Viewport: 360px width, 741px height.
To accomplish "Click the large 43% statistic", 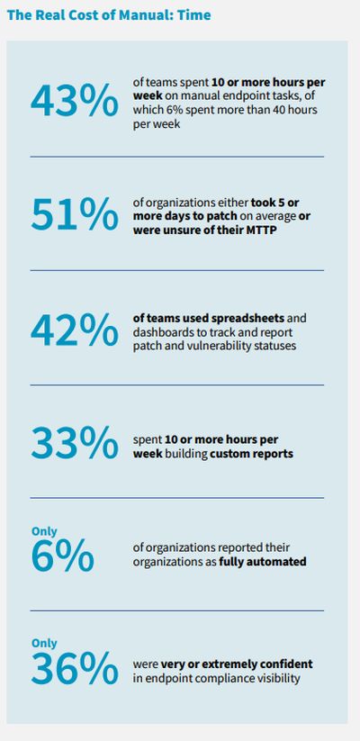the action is pyautogui.click(x=74, y=101).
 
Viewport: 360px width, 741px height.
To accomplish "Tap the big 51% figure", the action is pyautogui.click(x=74, y=215).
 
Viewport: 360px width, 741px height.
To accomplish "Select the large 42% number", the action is pyautogui.click(x=74, y=330).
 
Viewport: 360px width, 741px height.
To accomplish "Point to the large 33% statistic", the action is pyautogui.click(x=74, y=443).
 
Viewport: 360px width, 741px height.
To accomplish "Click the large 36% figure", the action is pyautogui.click(x=74, y=668).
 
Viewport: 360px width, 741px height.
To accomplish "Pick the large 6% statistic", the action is pyautogui.click(x=62, y=556).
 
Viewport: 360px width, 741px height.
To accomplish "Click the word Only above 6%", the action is pyautogui.click(x=44, y=531).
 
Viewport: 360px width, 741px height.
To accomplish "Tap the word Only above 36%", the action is pyautogui.click(x=44, y=643).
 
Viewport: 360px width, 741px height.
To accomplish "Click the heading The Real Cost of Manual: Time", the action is pyautogui.click(x=109, y=15).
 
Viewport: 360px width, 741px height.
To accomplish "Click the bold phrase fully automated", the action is pyautogui.click(x=263, y=562).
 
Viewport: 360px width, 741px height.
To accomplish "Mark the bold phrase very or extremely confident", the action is pyautogui.click(x=237, y=664).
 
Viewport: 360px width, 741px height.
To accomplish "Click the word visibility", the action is pyautogui.click(x=277, y=679).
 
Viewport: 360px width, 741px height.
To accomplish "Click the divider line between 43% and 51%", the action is pyautogui.click(x=177, y=157).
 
